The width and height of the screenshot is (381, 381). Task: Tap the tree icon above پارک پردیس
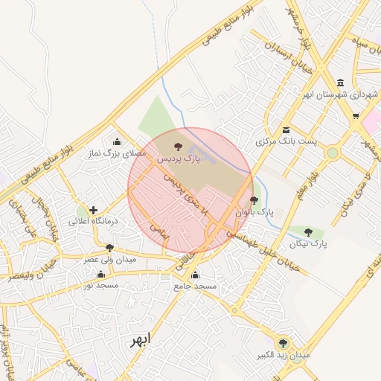(x=177, y=146)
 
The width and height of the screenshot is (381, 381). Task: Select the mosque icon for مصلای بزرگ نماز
(x=116, y=142)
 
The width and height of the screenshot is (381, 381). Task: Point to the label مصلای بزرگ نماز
(x=115, y=153)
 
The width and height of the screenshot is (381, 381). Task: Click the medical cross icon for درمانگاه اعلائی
(x=93, y=211)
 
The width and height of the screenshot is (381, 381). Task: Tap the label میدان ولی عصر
(x=109, y=259)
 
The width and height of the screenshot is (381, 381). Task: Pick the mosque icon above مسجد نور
(x=101, y=274)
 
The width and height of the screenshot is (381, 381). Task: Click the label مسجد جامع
(x=195, y=286)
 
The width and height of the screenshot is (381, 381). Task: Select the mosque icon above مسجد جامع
(x=195, y=275)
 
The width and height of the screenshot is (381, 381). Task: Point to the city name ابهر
(x=138, y=340)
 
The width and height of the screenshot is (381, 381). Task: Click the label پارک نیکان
(x=307, y=243)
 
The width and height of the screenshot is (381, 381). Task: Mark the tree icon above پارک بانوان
(x=254, y=200)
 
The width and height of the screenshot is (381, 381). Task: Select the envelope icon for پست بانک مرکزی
(x=286, y=129)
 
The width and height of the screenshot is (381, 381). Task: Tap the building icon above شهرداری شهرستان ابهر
(x=340, y=82)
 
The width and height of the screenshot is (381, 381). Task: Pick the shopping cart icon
(x=356, y=115)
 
